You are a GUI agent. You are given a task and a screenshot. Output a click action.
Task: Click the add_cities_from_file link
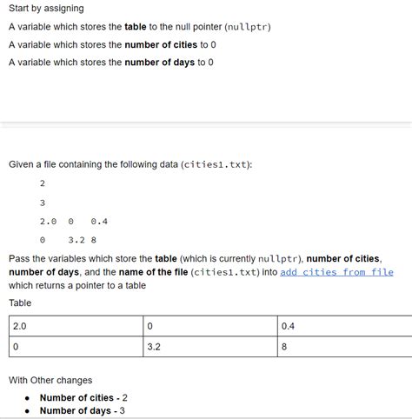[x=336, y=272]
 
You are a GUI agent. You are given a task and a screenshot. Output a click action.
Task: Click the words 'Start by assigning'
[x=46, y=9]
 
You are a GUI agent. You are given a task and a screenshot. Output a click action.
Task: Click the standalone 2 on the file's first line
[x=43, y=183]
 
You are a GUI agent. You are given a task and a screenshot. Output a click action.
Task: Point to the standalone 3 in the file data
[x=43, y=203]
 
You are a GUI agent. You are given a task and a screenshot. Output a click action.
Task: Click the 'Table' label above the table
[x=20, y=303]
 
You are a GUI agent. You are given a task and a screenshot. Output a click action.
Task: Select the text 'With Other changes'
[x=50, y=380]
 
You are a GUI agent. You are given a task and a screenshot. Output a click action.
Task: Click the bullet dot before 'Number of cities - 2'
[x=28, y=397]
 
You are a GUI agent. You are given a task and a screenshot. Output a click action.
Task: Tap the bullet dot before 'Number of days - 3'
[x=28, y=410]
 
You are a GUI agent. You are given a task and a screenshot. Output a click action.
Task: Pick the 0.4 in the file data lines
[x=99, y=221]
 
